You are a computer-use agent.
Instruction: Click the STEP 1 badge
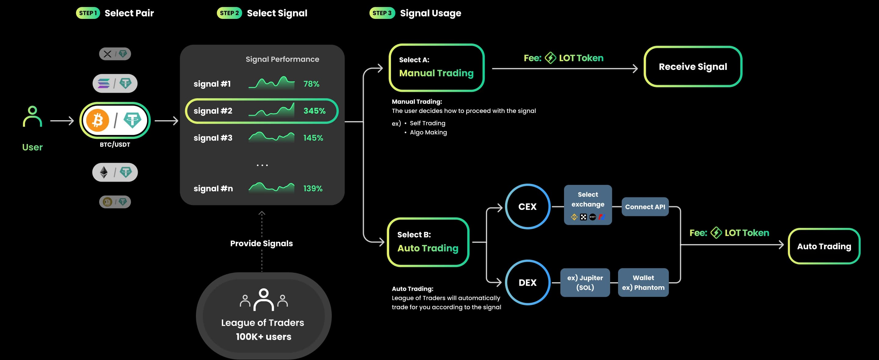point(88,13)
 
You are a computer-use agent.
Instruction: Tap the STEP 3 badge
point(382,13)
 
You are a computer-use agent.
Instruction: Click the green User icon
point(32,116)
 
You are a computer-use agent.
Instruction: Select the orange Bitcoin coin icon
point(98,121)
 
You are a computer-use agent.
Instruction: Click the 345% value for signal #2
point(314,111)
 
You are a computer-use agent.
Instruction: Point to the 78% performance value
point(311,84)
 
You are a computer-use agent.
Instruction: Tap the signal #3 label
point(213,138)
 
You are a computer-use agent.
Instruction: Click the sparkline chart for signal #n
point(271,188)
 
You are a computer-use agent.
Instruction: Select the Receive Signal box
point(693,67)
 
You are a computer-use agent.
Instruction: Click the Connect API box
point(645,207)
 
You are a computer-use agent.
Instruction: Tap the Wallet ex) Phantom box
point(643,283)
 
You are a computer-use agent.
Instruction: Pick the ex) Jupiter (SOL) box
point(585,283)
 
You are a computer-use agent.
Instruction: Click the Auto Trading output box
point(824,246)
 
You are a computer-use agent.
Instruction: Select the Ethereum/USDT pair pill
point(115,172)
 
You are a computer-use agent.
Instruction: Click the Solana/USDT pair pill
point(115,83)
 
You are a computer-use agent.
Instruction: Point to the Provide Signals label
point(261,243)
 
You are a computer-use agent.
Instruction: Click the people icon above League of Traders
point(264,300)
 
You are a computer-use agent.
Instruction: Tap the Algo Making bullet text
point(428,132)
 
